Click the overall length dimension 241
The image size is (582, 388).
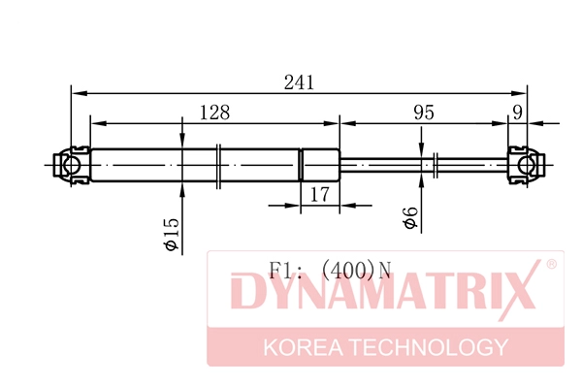pos(299,82)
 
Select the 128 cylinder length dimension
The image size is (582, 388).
pos(214,113)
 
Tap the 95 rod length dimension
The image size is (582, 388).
pos(423,113)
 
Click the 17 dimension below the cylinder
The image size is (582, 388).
pos(320,194)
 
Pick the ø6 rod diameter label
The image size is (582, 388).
pos(410,218)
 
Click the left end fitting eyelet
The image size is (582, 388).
pos(71,164)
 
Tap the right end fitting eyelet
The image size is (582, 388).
pos(527,164)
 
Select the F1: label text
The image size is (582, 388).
pos(287,269)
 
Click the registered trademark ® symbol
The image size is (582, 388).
pos(550,265)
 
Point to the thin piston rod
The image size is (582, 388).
pos(388,164)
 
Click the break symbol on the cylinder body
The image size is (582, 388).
pos(220,164)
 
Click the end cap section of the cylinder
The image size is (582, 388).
pos(320,164)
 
